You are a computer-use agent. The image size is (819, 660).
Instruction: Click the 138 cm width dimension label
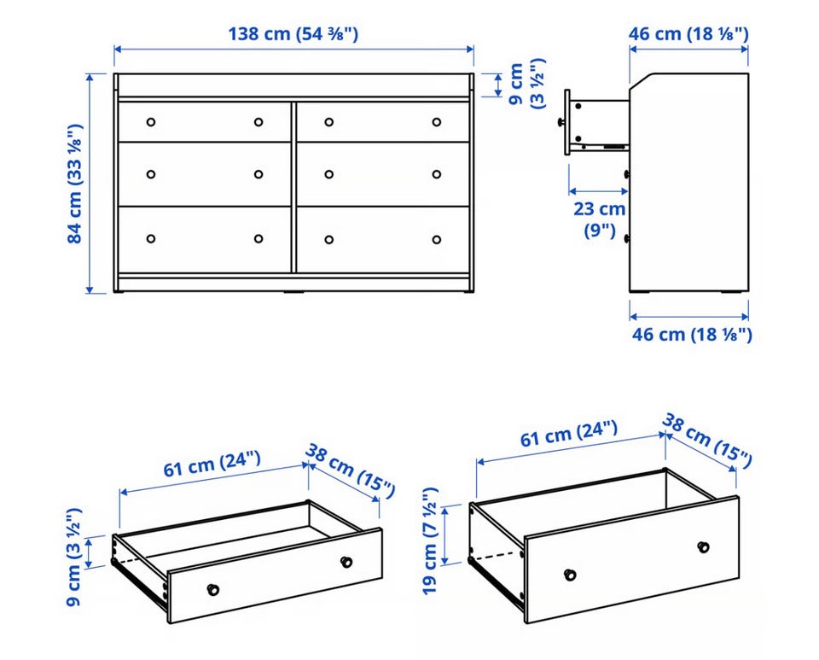coord(293,34)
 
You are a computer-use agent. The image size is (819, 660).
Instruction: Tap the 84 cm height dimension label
coord(75,184)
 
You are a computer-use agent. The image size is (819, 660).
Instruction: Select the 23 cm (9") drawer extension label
coord(600,219)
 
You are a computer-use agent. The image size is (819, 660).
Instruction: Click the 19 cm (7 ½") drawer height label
coord(430,540)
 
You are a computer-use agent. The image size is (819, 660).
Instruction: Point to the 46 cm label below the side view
coord(692,335)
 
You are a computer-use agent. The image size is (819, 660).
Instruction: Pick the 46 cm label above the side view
coord(688,34)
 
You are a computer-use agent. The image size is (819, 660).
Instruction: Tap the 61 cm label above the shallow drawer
coord(212,464)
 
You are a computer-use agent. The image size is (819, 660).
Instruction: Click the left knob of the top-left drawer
coord(151,122)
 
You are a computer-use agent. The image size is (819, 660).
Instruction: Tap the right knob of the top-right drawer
coord(437,122)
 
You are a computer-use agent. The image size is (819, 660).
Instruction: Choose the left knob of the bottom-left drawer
coord(151,239)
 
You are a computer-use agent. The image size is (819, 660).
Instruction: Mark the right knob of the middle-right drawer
coord(437,174)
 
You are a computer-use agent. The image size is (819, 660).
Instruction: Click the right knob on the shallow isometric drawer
coord(346,562)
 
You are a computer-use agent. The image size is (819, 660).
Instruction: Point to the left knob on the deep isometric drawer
coord(571,575)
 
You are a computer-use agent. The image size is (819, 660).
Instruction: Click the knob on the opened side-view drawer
coord(561,122)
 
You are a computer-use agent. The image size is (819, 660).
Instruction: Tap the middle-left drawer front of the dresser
coord(205,174)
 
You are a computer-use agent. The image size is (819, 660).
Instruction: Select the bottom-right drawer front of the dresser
coord(383,239)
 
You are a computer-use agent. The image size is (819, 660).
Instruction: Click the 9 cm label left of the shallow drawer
coord(75,557)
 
